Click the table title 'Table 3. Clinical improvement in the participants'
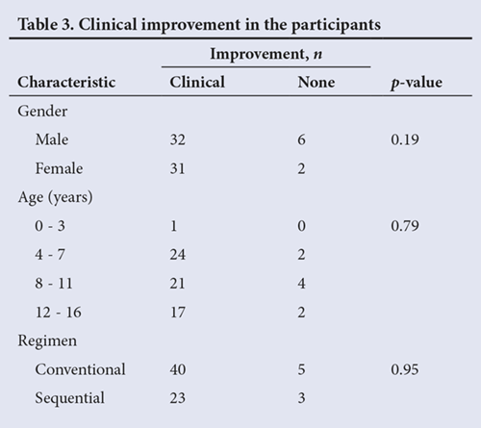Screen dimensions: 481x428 199,25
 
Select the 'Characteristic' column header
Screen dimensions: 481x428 66,82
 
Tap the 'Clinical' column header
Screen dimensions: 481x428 197,82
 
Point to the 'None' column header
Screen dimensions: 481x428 316,83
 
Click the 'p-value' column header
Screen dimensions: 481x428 417,83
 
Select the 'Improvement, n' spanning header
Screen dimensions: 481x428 266,54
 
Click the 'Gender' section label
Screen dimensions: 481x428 42,112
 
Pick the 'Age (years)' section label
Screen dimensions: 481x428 55,197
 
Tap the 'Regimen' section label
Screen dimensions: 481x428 47,340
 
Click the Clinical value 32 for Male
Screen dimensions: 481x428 178,139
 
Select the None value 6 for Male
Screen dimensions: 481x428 301,139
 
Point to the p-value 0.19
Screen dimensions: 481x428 405,139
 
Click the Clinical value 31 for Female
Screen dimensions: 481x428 178,168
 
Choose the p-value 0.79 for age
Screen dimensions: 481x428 405,226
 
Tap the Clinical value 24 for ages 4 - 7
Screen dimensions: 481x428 178,255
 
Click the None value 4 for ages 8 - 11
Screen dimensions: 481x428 301,284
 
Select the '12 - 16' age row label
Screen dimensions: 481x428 58,313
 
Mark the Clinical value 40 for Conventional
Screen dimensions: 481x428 178,369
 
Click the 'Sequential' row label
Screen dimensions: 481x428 69,398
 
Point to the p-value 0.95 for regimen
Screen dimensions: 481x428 405,369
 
